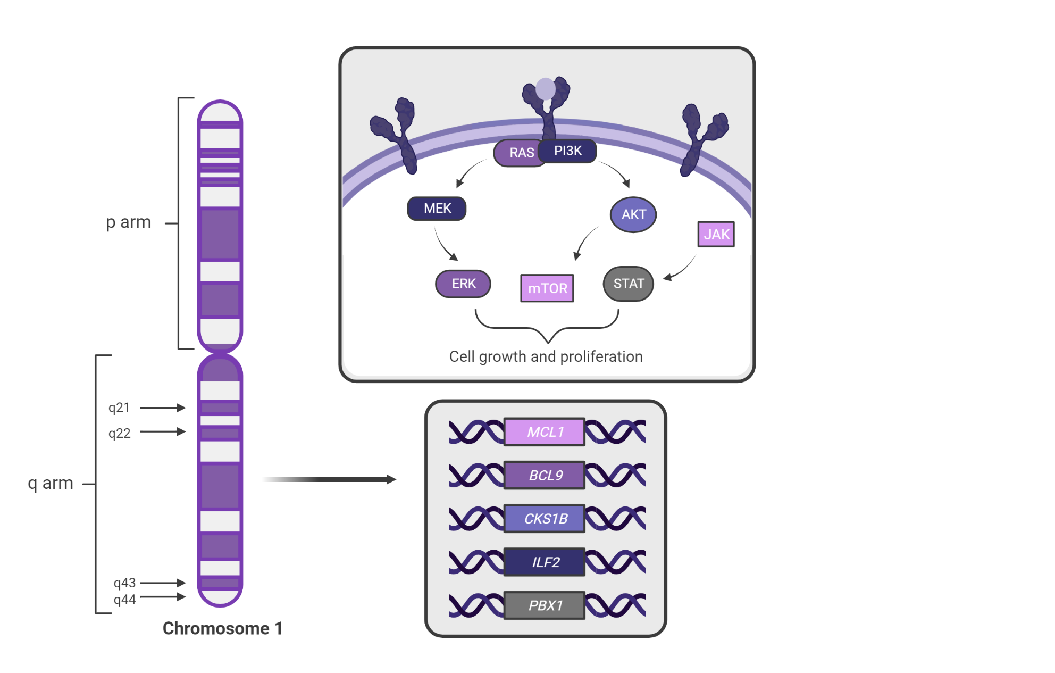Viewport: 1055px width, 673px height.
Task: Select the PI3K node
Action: coord(568,151)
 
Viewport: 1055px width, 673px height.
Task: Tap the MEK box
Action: coord(437,208)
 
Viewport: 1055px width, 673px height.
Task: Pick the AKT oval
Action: coord(633,214)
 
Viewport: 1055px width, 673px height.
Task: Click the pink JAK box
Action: coord(716,234)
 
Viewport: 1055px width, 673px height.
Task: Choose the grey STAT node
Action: coord(629,284)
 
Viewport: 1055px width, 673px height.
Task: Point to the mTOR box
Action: coord(547,288)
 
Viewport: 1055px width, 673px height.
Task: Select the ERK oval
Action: coord(463,284)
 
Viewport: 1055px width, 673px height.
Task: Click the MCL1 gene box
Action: coord(545,431)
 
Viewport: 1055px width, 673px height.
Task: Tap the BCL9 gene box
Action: coord(545,475)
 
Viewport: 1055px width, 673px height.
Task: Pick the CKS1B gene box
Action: coord(545,519)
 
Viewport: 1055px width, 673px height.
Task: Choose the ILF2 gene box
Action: coord(545,562)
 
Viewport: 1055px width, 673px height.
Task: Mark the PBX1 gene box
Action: coord(545,605)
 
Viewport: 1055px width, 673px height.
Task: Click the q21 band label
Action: coord(119,408)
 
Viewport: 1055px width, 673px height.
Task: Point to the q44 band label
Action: coord(124,600)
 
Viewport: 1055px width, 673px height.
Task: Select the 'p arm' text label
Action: coord(128,222)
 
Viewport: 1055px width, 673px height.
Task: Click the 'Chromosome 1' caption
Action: coord(222,628)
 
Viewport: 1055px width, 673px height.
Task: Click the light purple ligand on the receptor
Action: coord(546,89)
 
